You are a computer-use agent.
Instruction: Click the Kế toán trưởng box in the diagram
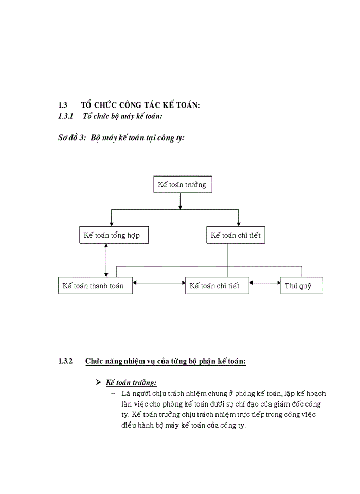[183, 185]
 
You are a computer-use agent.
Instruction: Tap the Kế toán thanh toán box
[95, 286]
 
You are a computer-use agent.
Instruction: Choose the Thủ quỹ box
[301, 286]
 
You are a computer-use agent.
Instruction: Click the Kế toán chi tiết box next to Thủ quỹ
[217, 286]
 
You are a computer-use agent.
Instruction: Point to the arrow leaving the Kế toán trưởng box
[180, 201]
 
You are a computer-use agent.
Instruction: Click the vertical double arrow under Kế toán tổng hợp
[106, 260]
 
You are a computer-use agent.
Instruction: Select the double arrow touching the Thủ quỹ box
[264, 283]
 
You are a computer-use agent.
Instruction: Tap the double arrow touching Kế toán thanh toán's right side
[159, 283]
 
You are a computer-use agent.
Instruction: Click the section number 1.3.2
[67, 361]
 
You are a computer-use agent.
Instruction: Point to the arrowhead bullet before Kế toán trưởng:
[99, 383]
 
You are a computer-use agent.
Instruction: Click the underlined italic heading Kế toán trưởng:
[132, 383]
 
